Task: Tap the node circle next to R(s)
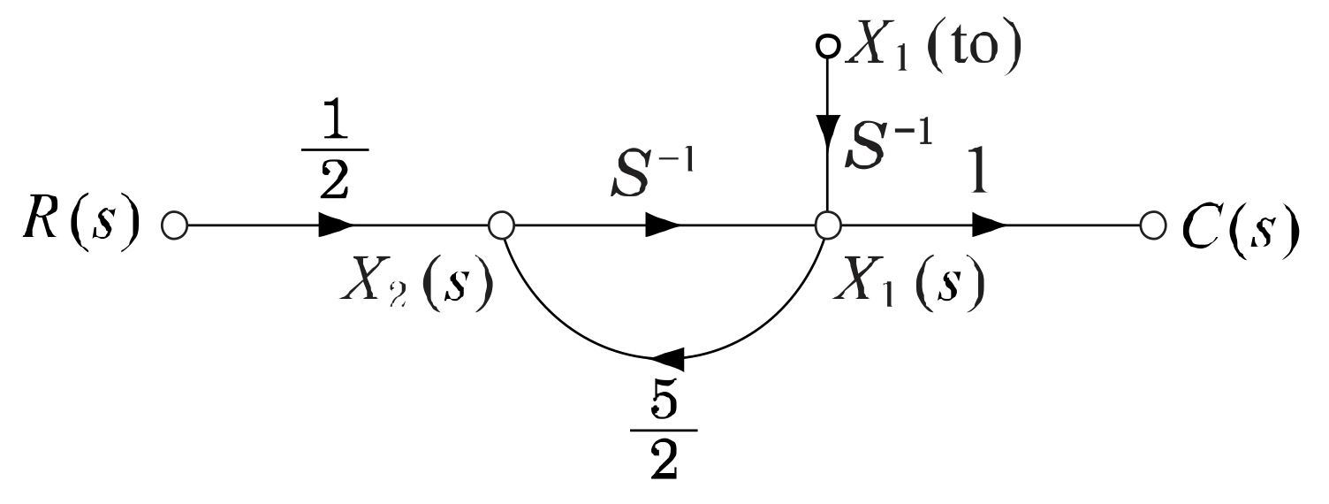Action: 175,225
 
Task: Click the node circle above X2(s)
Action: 501,225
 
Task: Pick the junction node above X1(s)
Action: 826,225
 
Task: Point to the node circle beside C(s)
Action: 1151,225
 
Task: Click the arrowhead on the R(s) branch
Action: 336,225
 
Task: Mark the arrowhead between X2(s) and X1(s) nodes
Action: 663,225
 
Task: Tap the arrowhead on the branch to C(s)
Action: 989,225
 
